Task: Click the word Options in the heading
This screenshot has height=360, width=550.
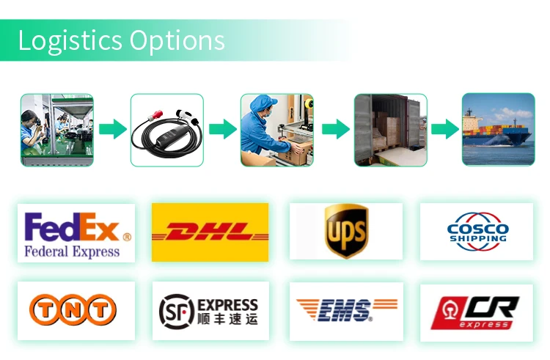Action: pyautogui.click(x=178, y=41)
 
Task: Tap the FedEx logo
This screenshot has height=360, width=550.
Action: pyautogui.click(x=76, y=232)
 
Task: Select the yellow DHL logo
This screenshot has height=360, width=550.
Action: pyautogui.click(x=210, y=232)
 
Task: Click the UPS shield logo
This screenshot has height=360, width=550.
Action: pyautogui.click(x=346, y=232)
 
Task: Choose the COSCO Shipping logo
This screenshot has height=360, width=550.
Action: pyautogui.click(x=477, y=232)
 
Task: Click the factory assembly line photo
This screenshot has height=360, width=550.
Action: pyautogui.click(x=56, y=129)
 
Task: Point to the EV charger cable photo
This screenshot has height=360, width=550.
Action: pyautogui.click(x=166, y=129)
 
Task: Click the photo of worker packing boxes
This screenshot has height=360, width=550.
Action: pyautogui.click(x=276, y=129)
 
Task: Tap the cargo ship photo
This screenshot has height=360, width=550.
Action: pyautogui.click(x=498, y=129)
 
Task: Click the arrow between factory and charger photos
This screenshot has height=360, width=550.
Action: pyautogui.click(x=112, y=130)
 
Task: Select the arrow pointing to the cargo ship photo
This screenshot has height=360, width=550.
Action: pyautogui.click(x=444, y=130)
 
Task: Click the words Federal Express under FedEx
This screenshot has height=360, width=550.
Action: pyautogui.click(x=72, y=251)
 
